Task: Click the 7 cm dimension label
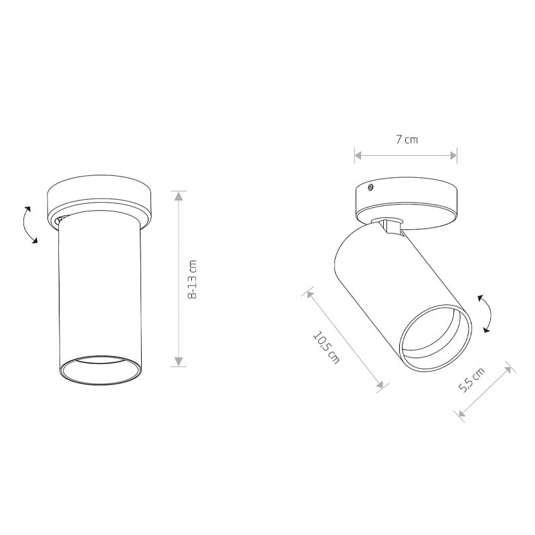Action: pyautogui.click(x=407, y=140)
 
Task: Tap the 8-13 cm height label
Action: pyautogui.click(x=193, y=279)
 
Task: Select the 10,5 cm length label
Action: pyautogui.click(x=326, y=347)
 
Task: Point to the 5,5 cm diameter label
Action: pyautogui.click(x=471, y=380)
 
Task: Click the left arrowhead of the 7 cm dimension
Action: pyautogui.click(x=358, y=156)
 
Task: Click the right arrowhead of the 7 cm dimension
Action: pyautogui.click(x=453, y=156)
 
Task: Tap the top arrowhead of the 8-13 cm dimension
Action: pyautogui.click(x=179, y=196)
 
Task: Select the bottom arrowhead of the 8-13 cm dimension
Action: pyautogui.click(x=179, y=362)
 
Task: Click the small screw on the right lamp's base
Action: pyautogui.click(x=370, y=187)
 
